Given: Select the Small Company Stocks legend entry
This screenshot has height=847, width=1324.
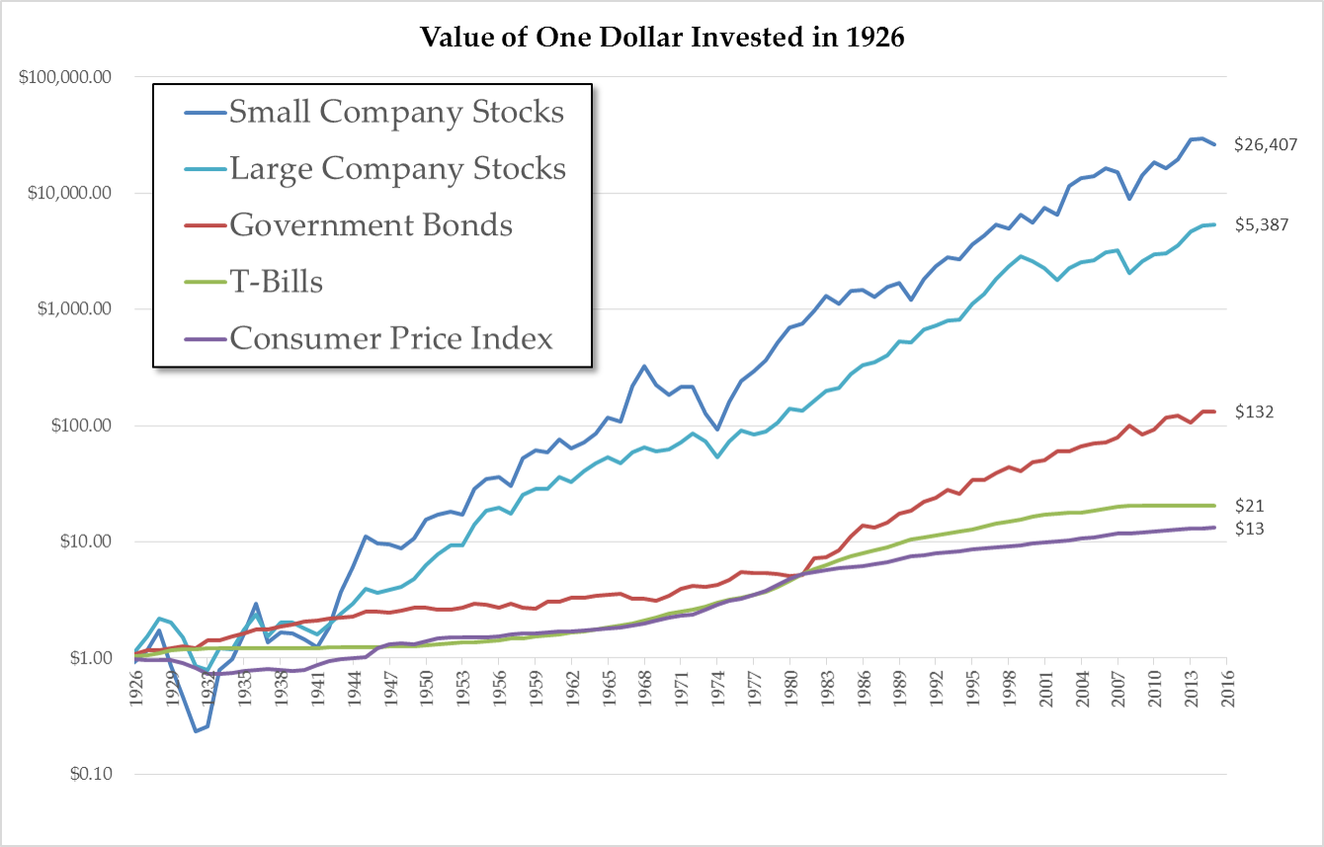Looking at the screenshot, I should click(396, 112).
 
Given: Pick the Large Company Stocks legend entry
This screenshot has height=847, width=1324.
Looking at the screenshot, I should click(397, 169).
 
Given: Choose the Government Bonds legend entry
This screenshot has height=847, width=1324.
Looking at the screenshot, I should click(371, 225).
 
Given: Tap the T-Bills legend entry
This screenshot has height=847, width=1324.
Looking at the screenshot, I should click(276, 282).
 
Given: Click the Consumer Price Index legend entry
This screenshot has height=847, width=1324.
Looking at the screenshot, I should click(390, 339).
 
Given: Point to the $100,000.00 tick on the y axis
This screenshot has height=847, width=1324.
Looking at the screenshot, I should click(64, 77).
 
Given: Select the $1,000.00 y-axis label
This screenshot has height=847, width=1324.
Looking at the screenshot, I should click(72, 309).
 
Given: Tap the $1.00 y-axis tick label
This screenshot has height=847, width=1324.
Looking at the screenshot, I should click(83, 658).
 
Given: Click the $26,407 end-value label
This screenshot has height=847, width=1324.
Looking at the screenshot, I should click(1266, 144).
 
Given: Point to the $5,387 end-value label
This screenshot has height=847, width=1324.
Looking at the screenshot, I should click(1262, 225).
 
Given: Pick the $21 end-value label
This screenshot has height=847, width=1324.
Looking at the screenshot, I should click(1250, 506).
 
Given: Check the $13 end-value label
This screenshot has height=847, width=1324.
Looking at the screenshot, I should click(1250, 529).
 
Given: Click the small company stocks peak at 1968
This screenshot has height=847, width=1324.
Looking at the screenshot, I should click(644, 367).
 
